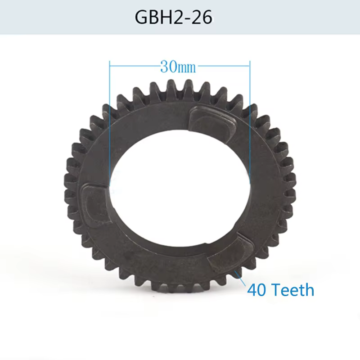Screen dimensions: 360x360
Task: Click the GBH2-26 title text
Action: click(x=173, y=17)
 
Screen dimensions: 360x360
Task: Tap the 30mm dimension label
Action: click(x=178, y=67)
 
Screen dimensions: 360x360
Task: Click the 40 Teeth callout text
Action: click(x=280, y=290)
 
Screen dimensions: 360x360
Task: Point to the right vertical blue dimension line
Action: click(x=250, y=121)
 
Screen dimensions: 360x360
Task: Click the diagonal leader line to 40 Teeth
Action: click(x=240, y=278)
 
